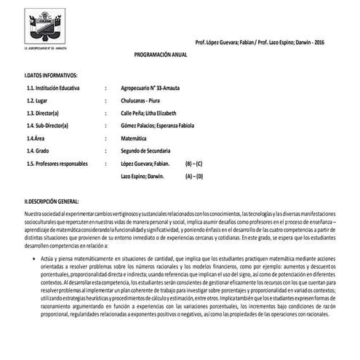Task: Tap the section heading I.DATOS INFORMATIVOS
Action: tap(51, 76)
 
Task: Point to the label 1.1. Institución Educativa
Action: tap(56, 88)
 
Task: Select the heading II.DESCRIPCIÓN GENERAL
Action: tap(52, 201)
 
